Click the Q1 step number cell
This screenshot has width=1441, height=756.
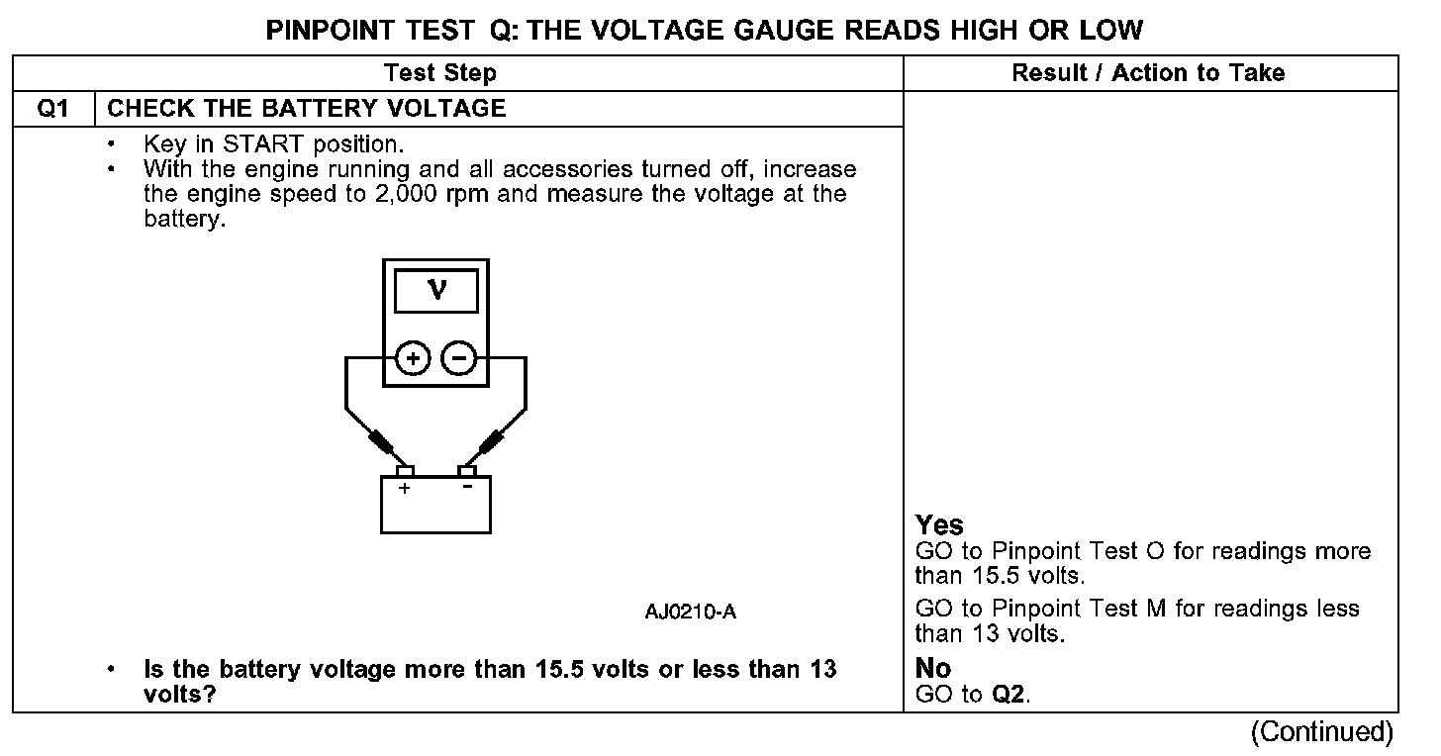(53, 109)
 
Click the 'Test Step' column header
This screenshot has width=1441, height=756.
(439, 73)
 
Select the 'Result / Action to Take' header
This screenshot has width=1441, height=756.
(1148, 73)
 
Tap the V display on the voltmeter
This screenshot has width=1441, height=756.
(435, 290)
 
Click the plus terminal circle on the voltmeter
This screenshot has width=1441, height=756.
(412, 357)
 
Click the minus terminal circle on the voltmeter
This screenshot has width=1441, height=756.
(457, 357)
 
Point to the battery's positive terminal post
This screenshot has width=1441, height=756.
(405, 470)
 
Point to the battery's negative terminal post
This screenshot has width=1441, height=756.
(466, 470)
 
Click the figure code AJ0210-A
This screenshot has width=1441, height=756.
(690, 613)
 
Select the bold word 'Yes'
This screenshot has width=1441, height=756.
(939, 525)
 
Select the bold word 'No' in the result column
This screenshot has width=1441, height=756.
(933, 670)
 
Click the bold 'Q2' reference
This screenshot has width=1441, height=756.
(1008, 695)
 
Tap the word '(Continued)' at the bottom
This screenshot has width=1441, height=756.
(1321, 732)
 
